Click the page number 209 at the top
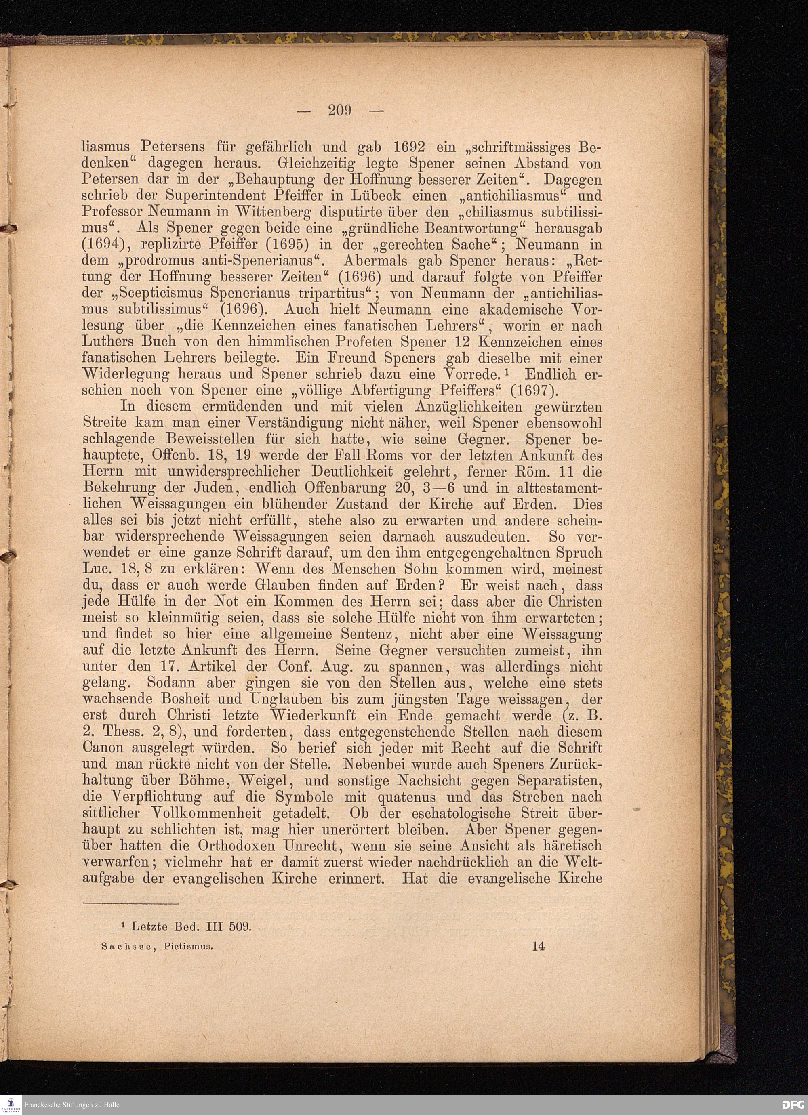340,111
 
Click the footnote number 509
240,927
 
